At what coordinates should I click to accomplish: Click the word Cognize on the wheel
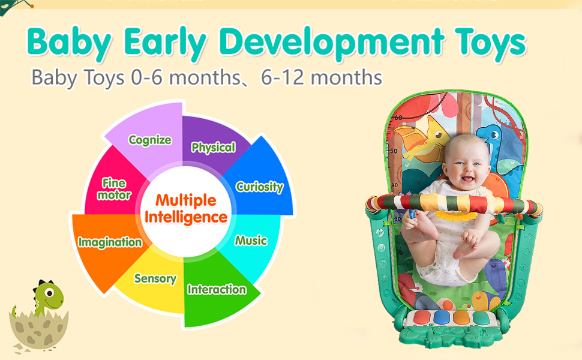150,140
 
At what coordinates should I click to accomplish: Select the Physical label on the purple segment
213,147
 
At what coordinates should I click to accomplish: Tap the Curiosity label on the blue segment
259,187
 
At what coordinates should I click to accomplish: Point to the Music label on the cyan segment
251,241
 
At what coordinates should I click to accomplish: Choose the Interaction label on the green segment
217,290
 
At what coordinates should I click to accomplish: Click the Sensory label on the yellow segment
155,278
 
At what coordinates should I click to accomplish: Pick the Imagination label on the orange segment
110,242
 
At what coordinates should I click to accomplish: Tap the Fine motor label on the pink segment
114,188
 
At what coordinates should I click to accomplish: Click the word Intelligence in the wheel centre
186,217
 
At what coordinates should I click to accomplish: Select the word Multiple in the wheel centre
186,200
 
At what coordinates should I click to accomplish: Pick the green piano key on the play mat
482,318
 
